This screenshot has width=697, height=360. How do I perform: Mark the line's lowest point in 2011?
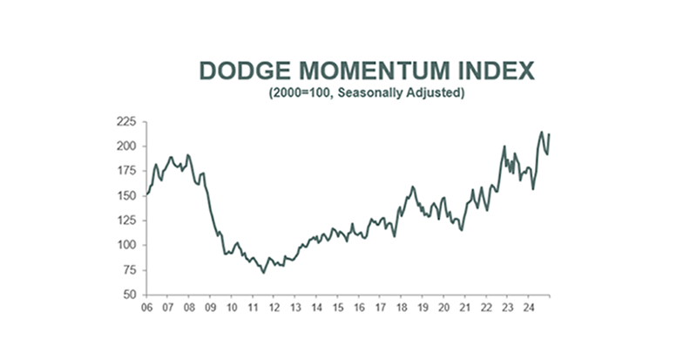pyautogui.click(x=263, y=273)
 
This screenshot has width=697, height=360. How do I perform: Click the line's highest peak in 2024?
pyautogui.click(x=541, y=132)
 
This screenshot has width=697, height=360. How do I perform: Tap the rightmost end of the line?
pyautogui.click(x=550, y=133)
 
